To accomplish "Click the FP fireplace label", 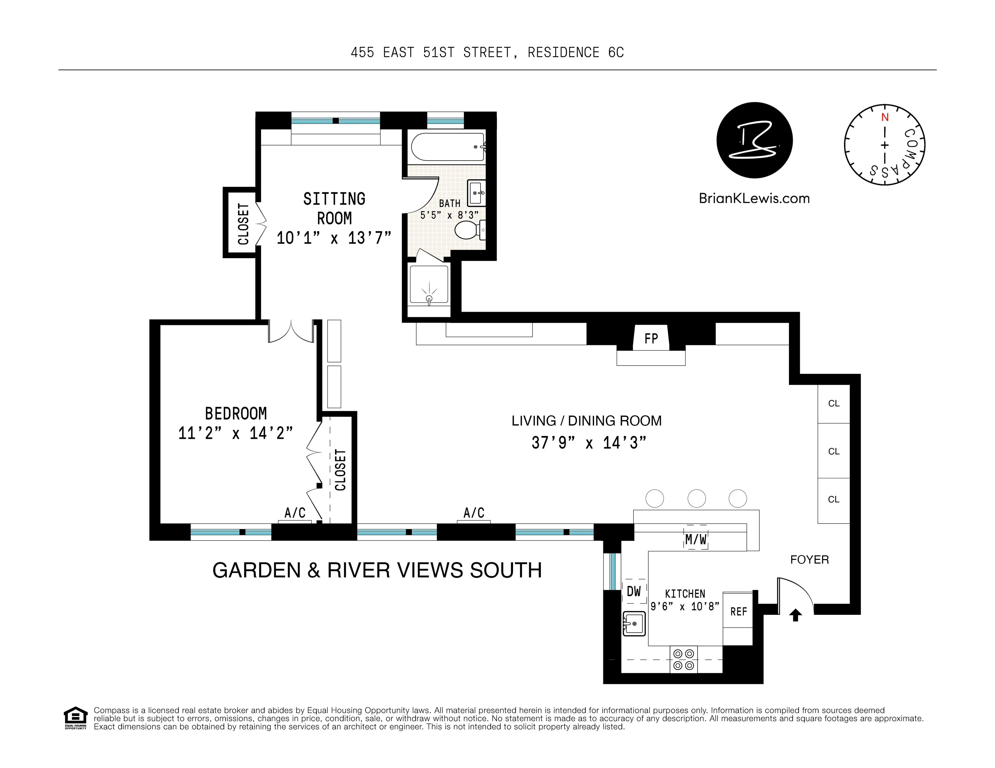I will pos(651,338).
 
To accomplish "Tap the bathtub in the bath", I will pos(447,147).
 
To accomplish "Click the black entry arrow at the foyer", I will pos(795,615).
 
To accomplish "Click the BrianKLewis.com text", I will pos(754,199).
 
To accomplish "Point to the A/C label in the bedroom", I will pos(295,513).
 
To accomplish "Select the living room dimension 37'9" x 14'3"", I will pos(589,443).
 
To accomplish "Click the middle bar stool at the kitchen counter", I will pos(696,498).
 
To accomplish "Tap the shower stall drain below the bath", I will pos(429,298).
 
